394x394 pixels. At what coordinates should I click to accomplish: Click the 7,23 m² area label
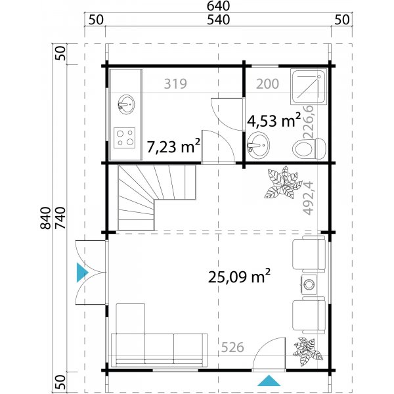coord(173,146)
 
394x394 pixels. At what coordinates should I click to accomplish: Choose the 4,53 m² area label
coord(274,121)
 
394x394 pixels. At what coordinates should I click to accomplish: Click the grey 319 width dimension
coord(176,84)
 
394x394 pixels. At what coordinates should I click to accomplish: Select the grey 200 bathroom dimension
coord(267,84)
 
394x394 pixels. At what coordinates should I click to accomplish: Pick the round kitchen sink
coord(125,103)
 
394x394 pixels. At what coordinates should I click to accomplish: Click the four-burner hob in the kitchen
coord(125,137)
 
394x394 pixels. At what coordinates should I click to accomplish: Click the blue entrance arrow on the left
coord(81,273)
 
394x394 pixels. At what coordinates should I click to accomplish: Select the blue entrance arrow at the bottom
coord(268,380)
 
